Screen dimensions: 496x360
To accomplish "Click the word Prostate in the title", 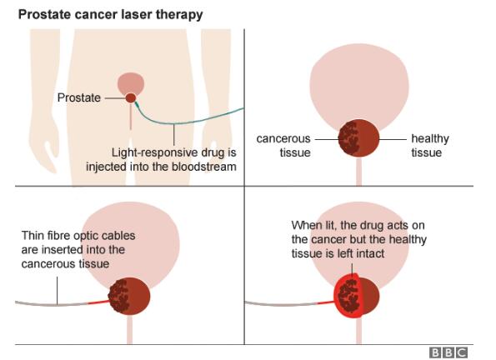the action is (x=40, y=14).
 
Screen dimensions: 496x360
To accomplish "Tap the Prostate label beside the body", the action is (x=78, y=97).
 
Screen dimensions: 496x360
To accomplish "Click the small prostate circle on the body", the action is (x=131, y=98).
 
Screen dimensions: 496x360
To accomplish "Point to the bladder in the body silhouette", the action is (x=131, y=83).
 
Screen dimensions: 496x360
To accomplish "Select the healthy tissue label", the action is (x=430, y=146).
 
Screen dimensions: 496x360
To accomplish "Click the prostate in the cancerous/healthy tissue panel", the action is (x=358, y=138).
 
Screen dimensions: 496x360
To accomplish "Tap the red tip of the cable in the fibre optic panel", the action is (x=98, y=302).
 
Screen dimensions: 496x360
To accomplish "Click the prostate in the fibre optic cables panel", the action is (x=129, y=296).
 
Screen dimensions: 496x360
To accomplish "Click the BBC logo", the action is (x=448, y=352).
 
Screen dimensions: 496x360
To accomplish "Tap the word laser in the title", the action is (x=137, y=14).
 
